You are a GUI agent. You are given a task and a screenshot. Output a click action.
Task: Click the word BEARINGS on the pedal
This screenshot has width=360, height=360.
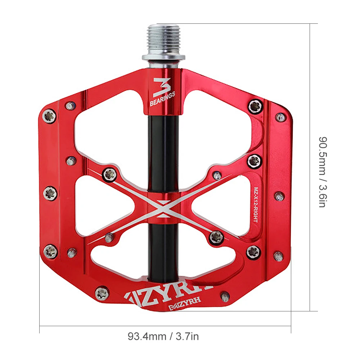[162, 99]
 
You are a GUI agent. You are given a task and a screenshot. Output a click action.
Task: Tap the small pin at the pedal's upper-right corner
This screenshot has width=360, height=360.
[279, 117]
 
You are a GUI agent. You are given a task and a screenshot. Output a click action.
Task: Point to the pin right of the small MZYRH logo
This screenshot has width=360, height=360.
[225, 296]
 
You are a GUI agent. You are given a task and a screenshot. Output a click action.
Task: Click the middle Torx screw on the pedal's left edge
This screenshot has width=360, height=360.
[50, 193]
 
